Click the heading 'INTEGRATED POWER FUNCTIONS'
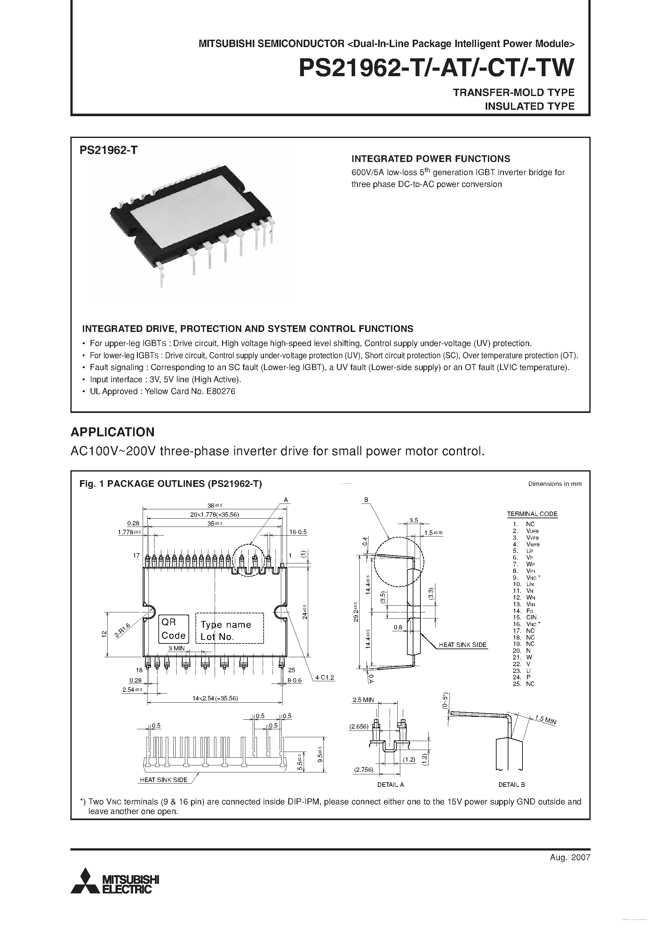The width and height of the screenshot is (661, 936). coord(430,158)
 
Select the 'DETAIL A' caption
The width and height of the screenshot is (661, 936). coord(390,784)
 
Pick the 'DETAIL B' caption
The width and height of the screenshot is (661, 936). coord(512,784)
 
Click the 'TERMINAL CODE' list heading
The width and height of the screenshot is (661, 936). coord(532,514)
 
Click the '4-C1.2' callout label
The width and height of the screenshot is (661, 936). coord(324,678)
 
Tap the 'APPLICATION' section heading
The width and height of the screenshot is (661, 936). coord(113,432)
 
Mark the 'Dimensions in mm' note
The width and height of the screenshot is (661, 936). coord(555,484)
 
